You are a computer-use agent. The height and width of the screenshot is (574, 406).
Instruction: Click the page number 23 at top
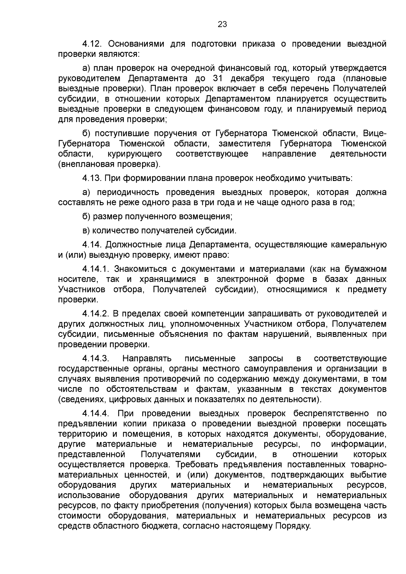(222, 24)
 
